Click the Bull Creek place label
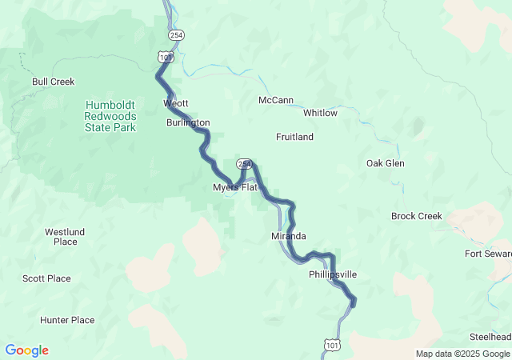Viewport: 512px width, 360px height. click(53, 82)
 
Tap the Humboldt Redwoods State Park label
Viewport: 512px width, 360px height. click(111, 116)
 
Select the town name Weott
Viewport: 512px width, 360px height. click(176, 104)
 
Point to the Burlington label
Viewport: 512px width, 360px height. click(188, 123)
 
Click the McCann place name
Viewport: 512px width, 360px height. click(276, 100)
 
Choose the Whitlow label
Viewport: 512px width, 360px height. click(320, 113)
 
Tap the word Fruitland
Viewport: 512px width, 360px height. click(294, 137)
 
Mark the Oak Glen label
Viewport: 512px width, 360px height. click(386, 163)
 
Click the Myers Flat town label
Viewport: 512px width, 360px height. click(234, 187)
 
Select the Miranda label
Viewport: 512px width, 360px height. click(289, 237)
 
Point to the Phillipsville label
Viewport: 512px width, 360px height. click(333, 274)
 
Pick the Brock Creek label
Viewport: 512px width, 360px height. click(417, 216)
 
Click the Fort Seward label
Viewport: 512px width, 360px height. click(488, 254)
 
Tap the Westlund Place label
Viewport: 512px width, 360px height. click(61, 237)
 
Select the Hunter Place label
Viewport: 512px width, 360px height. click(67, 320)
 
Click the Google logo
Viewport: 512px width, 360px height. click(26, 350)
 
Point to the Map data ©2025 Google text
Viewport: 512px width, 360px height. click(462, 354)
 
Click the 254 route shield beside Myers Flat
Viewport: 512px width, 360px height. click(245, 164)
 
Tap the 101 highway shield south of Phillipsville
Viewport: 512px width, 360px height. click(331, 345)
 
